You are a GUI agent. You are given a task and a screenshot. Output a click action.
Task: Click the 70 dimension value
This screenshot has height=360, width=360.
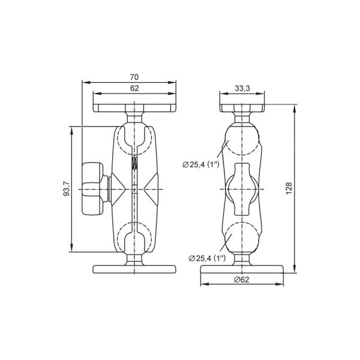pyautogui.click(x=134, y=77)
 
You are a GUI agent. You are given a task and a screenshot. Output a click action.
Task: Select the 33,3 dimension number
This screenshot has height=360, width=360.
pyautogui.click(x=242, y=88)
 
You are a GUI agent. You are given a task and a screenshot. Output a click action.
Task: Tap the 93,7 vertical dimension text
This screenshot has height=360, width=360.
pyautogui.click(x=66, y=189)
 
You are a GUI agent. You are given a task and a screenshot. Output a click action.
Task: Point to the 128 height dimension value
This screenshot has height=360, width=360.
pyautogui.click(x=289, y=188)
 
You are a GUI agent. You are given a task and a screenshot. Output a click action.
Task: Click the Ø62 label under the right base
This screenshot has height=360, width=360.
pyautogui.click(x=242, y=280)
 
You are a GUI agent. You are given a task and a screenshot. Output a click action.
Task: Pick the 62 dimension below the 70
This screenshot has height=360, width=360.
pyautogui.click(x=134, y=88)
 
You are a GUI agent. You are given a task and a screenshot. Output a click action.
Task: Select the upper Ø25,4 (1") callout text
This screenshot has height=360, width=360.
pyautogui.click(x=201, y=164)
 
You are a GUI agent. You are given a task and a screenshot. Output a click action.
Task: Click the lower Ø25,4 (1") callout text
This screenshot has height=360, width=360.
pyautogui.click(x=207, y=258)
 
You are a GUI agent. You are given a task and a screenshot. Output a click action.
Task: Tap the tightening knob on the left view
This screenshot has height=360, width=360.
pyautogui.click(x=92, y=189)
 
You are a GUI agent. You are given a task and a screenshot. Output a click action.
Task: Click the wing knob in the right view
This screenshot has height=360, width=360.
pyautogui.click(x=242, y=189)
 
